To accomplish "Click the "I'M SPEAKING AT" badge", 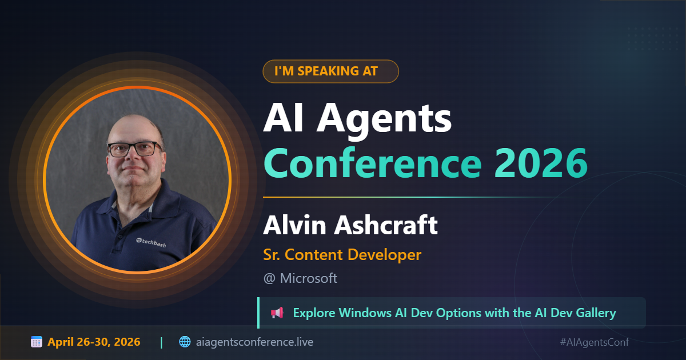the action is tap(330, 71).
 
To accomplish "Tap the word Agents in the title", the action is tap(384, 119).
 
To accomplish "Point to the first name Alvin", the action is tap(295, 225).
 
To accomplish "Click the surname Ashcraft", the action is tap(386, 225).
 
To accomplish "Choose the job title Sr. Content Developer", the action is tap(342, 255).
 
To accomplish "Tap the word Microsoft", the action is tap(308, 278).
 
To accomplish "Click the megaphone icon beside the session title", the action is tap(277, 313).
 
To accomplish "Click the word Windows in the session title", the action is tap(365, 313).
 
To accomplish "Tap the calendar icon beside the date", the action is tap(37, 342).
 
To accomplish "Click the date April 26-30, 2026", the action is tap(94, 342).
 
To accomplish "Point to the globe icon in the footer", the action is tap(185, 342).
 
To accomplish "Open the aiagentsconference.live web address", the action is tap(254, 342).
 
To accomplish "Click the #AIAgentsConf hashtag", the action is tap(595, 342).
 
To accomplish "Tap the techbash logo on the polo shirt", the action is tap(151, 243).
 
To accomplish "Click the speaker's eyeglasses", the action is tap(135, 149).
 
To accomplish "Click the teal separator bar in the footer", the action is tap(161, 342).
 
